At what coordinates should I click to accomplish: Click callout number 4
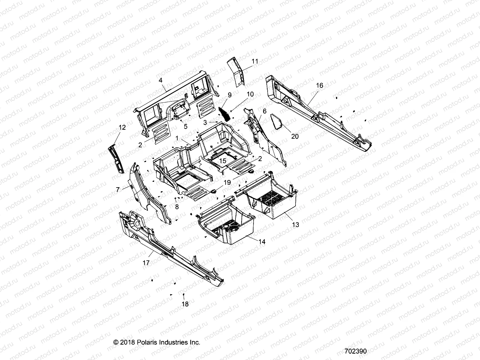160,80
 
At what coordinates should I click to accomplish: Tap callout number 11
255,61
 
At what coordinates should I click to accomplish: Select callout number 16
319,85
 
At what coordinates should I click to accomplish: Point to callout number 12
122,127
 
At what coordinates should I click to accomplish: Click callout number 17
146,263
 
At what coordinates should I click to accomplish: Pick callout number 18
185,304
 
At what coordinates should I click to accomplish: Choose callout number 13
295,224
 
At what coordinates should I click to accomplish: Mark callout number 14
262,241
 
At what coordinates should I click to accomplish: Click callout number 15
223,161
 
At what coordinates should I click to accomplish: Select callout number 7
118,189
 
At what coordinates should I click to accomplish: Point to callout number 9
229,95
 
